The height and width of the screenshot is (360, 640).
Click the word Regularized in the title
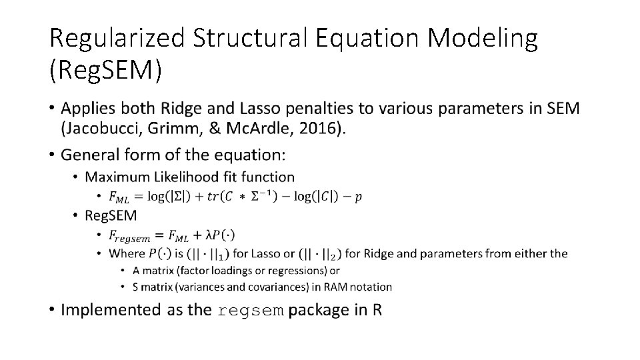pos(117,39)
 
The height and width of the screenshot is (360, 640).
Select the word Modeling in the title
pos(483,39)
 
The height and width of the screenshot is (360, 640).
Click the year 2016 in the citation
pos(322,129)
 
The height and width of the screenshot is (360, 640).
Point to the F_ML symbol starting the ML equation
pos(120,197)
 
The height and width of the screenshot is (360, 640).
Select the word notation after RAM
pos(369,287)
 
